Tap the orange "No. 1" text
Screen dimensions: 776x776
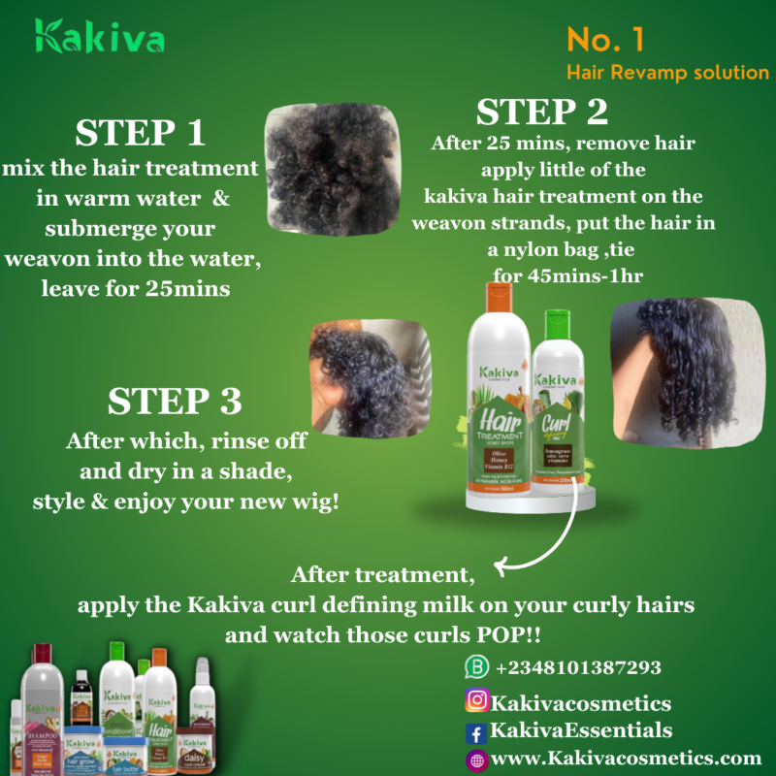(606, 40)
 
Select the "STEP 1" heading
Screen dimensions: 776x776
(139, 134)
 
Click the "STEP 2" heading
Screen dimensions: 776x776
(541, 113)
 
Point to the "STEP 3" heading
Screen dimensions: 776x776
(174, 402)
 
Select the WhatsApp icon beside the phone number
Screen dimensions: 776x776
(475, 667)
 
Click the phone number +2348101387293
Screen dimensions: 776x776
(578, 668)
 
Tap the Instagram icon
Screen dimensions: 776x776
(476, 699)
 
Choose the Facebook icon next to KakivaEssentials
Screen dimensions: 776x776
(476, 732)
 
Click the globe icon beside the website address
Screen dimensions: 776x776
(476, 760)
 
